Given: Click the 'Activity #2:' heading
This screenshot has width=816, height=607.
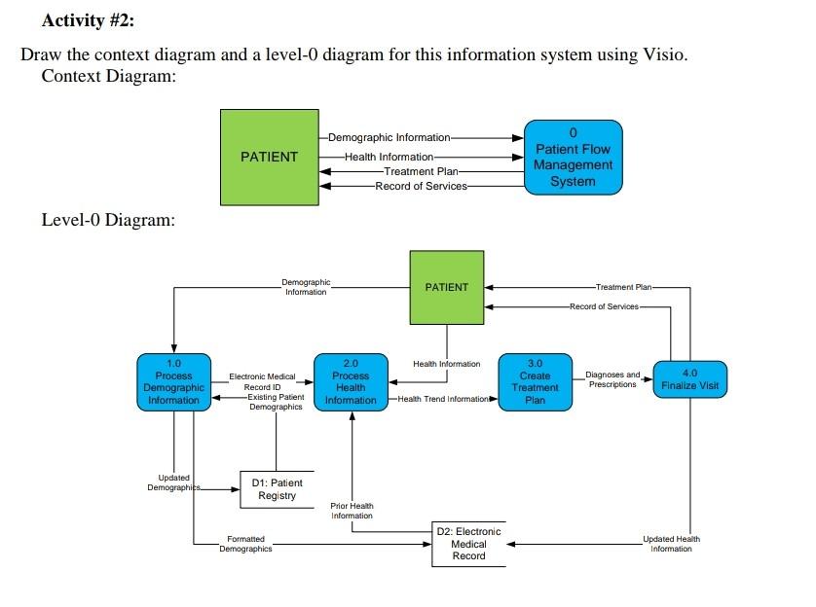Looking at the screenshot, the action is click(x=88, y=20).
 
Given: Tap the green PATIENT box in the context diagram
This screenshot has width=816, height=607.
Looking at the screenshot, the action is click(x=270, y=157).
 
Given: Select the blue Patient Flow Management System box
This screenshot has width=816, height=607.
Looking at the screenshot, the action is click(x=573, y=158).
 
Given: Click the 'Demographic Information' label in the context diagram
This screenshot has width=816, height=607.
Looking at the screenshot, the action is click(x=389, y=138).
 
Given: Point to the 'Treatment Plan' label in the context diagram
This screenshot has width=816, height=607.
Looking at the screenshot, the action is click(x=421, y=171).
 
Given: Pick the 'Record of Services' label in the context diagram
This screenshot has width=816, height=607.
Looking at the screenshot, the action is click(x=421, y=186).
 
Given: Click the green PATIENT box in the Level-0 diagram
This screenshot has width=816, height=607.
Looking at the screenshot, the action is click(x=447, y=287).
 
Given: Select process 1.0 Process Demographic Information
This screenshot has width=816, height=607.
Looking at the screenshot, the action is click(x=174, y=382).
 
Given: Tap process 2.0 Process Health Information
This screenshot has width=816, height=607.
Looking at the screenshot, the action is click(x=351, y=382).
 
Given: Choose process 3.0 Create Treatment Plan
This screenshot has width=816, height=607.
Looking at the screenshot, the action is click(x=535, y=382).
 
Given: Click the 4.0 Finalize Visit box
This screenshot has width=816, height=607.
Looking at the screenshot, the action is click(x=690, y=379).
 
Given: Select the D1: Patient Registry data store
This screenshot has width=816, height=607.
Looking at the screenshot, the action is click(x=277, y=489).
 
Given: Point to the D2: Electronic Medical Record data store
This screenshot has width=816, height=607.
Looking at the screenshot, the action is click(x=468, y=544).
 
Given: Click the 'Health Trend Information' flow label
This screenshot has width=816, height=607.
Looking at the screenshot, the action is click(x=443, y=399).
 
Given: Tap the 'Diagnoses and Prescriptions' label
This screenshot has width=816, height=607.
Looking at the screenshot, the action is click(x=612, y=379).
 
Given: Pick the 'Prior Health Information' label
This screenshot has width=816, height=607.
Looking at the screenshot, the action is click(x=352, y=511).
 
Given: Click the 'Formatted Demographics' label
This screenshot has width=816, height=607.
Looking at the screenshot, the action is click(x=245, y=544).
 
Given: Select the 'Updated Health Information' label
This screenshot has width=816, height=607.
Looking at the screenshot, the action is click(x=671, y=544).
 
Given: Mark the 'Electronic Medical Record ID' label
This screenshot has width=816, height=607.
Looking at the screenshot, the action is click(x=262, y=382).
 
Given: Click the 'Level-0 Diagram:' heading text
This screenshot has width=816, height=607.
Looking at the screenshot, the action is click(x=108, y=220).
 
